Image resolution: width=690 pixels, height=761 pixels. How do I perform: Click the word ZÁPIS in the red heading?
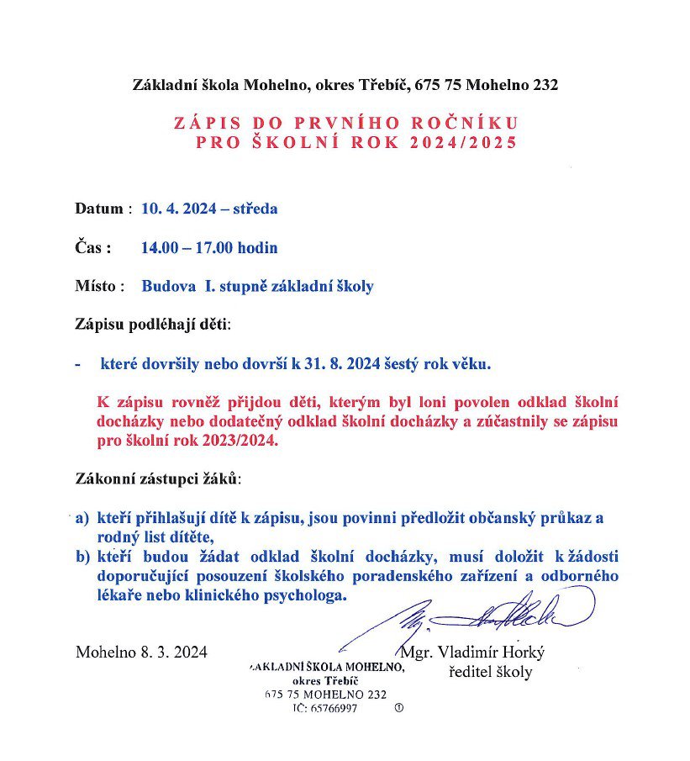[x=203, y=123]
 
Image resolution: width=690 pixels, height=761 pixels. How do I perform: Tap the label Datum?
[x=100, y=209]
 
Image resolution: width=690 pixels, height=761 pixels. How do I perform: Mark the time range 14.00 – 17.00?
[x=187, y=248]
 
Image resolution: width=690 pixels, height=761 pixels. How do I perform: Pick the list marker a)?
[x=82, y=519]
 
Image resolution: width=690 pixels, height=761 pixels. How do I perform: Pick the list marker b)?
[x=82, y=557]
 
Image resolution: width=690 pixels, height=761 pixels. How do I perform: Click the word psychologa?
[x=303, y=595]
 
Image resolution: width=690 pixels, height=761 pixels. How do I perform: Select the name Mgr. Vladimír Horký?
[x=472, y=653]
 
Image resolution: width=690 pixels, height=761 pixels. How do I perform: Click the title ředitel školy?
[x=491, y=672]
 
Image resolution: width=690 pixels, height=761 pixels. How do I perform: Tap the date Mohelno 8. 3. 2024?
[x=141, y=652]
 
